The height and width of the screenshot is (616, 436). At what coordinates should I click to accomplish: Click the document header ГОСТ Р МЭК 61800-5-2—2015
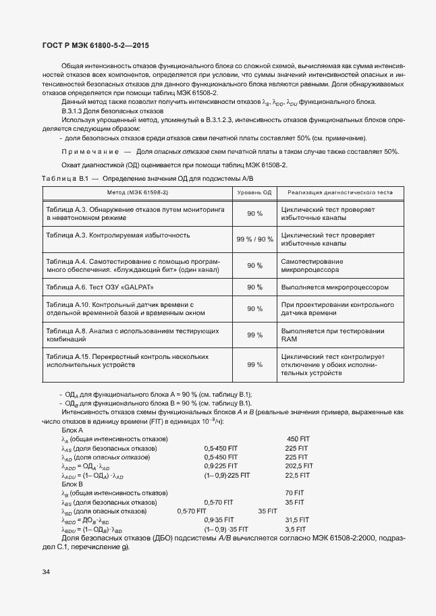91,46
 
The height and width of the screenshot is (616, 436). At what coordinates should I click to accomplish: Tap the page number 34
46,572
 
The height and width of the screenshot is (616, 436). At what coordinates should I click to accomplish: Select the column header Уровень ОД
254,192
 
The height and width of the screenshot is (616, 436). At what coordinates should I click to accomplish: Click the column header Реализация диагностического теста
336,192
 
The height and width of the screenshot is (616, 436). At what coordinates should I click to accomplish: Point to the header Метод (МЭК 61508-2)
138,192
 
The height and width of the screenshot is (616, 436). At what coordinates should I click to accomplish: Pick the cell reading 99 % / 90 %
254,240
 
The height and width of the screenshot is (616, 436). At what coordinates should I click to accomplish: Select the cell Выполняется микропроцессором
335,287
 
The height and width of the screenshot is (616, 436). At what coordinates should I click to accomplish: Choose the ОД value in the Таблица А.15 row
254,364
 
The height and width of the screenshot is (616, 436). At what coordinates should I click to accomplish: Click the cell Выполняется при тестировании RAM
333,335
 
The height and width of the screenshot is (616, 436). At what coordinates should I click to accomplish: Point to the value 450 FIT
298,439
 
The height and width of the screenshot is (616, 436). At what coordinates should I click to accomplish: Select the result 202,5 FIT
299,466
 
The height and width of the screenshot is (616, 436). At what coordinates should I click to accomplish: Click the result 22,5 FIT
297,475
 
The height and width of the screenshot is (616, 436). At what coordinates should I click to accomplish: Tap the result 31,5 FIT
297,520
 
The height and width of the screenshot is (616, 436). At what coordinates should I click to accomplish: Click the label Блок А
72,430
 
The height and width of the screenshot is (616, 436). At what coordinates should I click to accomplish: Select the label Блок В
72,484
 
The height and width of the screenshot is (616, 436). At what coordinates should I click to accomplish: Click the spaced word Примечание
91,151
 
